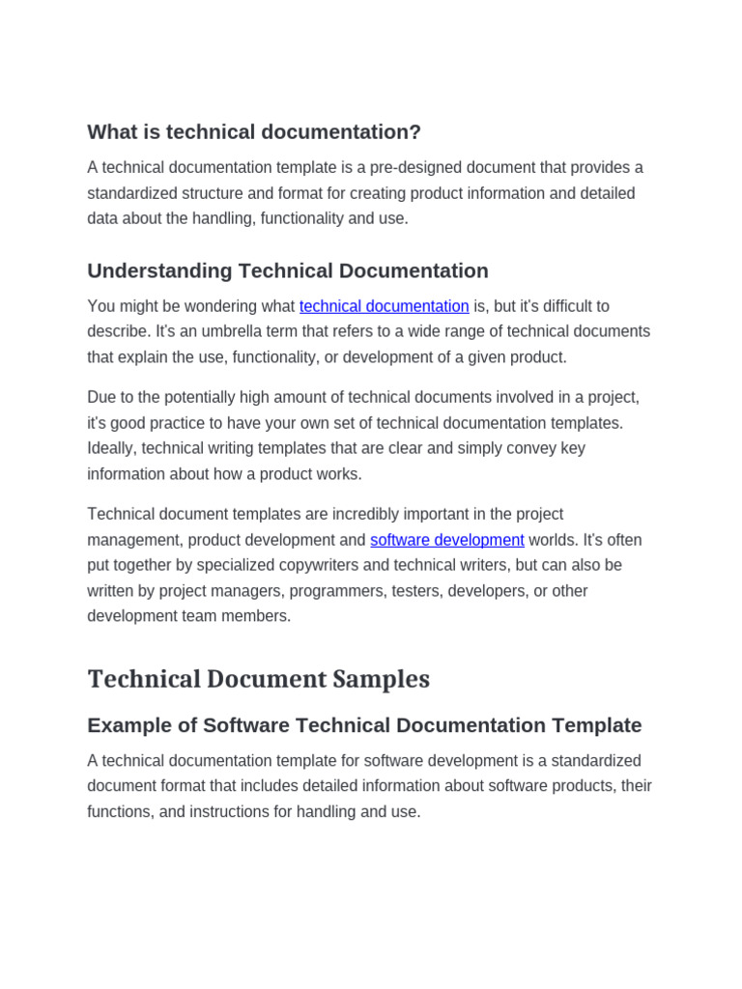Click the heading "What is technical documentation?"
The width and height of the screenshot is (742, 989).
254,132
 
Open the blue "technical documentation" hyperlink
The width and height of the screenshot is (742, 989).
384,306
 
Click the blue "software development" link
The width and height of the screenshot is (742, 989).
446,540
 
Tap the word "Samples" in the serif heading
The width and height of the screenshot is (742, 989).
381,679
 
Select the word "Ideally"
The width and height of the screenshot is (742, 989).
112,448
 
